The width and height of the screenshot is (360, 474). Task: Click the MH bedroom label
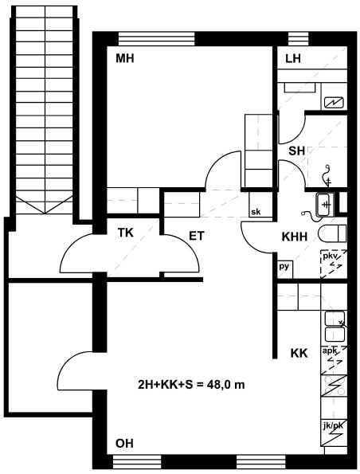tap(125, 58)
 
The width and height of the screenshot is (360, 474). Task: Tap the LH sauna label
tap(293, 58)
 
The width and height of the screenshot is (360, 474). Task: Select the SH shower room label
tap(296, 151)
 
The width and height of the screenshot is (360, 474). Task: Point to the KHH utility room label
tap(295, 237)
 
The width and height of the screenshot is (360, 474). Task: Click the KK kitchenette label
tap(299, 353)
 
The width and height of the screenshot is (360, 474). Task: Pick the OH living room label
tap(124, 443)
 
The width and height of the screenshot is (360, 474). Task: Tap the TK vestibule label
tap(125, 233)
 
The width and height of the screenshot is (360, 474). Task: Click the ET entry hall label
tap(197, 236)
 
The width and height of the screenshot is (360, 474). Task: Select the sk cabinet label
tap(256, 212)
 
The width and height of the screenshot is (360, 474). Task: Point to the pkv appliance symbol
tap(334, 264)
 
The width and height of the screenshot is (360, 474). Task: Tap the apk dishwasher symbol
tap(334, 360)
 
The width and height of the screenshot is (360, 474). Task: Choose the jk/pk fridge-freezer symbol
tap(334, 433)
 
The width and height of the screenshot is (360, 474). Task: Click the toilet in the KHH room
tap(332, 233)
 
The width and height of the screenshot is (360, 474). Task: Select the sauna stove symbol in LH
tap(334, 103)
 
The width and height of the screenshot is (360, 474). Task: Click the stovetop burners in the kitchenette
tap(334, 386)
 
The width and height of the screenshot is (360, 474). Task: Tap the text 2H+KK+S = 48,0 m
tap(191, 385)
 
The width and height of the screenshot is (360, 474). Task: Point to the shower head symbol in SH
tap(327, 175)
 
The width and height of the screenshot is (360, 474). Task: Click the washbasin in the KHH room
tap(324, 205)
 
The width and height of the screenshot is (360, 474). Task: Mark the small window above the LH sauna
tap(298, 38)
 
